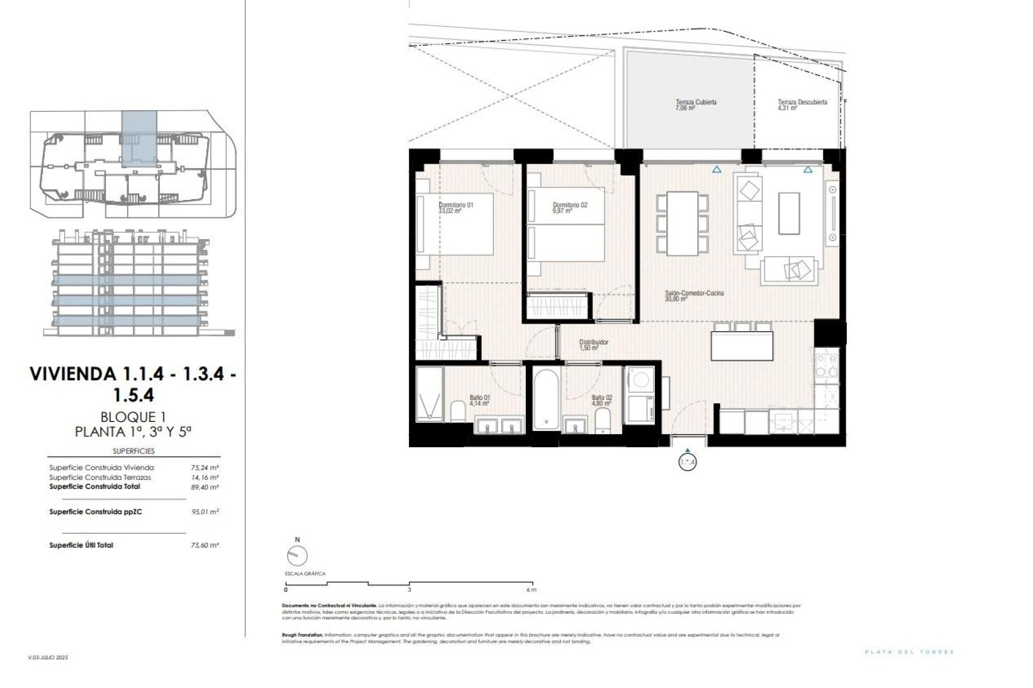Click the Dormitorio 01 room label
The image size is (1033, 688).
pyautogui.click(x=456, y=205)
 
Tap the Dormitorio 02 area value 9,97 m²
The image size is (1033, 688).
pyautogui.click(x=562, y=211)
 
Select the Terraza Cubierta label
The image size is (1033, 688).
pyautogui.click(x=696, y=102)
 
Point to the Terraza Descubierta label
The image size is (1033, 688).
pyautogui.click(x=802, y=102)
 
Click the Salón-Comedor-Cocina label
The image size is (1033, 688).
pyautogui.click(x=694, y=293)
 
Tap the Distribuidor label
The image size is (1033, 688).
pyautogui.click(x=593, y=342)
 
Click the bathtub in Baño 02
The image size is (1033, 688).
pyautogui.click(x=547, y=399)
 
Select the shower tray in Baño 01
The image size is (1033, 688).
pyautogui.click(x=429, y=392)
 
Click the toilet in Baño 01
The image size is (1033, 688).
pyautogui.click(x=458, y=411)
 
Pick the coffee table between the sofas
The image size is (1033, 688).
pyautogui.click(x=789, y=213)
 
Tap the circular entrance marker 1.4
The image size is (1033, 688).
pyautogui.click(x=688, y=462)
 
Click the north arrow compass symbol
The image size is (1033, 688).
pyautogui.click(x=298, y=555)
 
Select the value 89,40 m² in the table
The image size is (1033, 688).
pyautogui.click(x=205, y=487)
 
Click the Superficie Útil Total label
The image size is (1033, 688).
pyautogui.click(x=81, y=545)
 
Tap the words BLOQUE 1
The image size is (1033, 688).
pyautogui.click(x=133, y=417)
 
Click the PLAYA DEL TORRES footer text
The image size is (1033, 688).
pyautogui.click(x=909, y=652)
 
